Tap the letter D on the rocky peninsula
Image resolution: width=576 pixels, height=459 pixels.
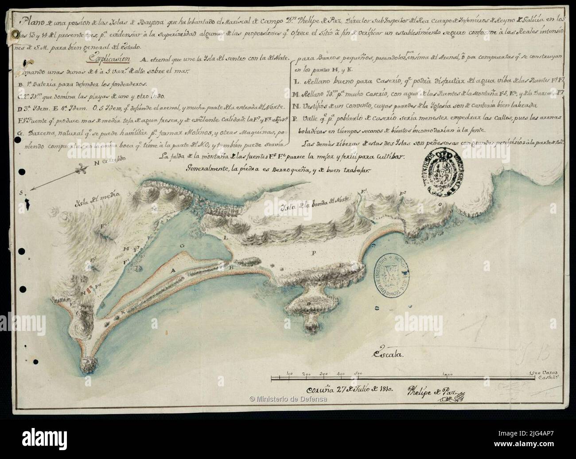[x=308, y=303]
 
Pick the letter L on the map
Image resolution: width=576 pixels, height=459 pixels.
[x=226, y=238]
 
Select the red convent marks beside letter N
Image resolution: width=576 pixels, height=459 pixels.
[x=91, y=292]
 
